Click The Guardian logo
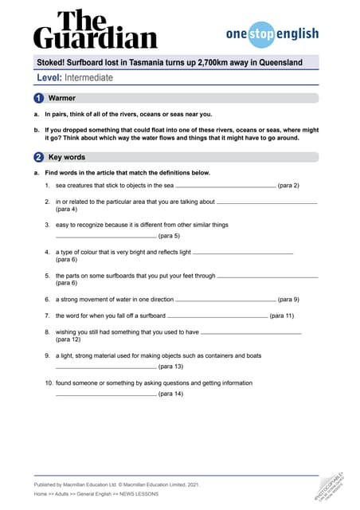[x=95, y=30]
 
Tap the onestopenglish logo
[x=272, y=34]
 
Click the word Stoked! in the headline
[x=54, y=62]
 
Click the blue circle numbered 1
[x=38, y=98]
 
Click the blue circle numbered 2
[x=38, y=157]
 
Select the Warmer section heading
[x=61, y=98]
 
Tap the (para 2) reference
[x=288, y=185]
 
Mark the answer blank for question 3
[x=105, y=237]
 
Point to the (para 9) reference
[x=288, y=300]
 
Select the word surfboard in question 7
[x=151, y=316]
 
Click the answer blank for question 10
[x=105, y=394]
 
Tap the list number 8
[x=48, y=331]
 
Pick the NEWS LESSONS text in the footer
[x=138, y=494]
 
